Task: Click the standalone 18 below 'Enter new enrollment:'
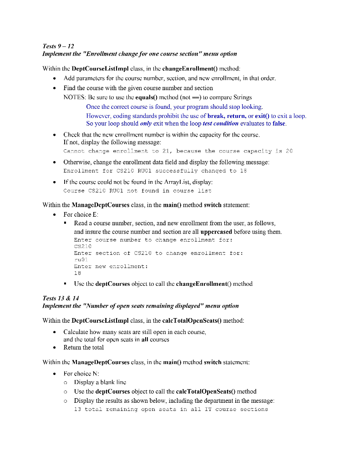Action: pyautogui.click(x=77, y=274)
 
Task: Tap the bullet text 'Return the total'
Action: pyautogui.click(x=83, y=347)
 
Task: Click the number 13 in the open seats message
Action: pyautogui.click(x=77, y=409)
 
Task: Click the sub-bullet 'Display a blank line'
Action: pyautogui.click(x=100, y=383)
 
